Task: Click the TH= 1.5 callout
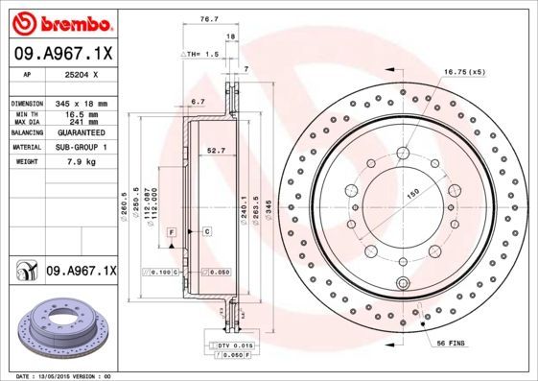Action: (x=205, y=56)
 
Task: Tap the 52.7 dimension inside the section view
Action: (x=216, y=150)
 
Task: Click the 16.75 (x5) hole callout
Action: (x=464, y=72)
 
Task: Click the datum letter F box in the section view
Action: (x=170, y=233)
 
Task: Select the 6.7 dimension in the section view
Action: (x=199, y=101)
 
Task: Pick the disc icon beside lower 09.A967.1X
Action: (x=24, y=272)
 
